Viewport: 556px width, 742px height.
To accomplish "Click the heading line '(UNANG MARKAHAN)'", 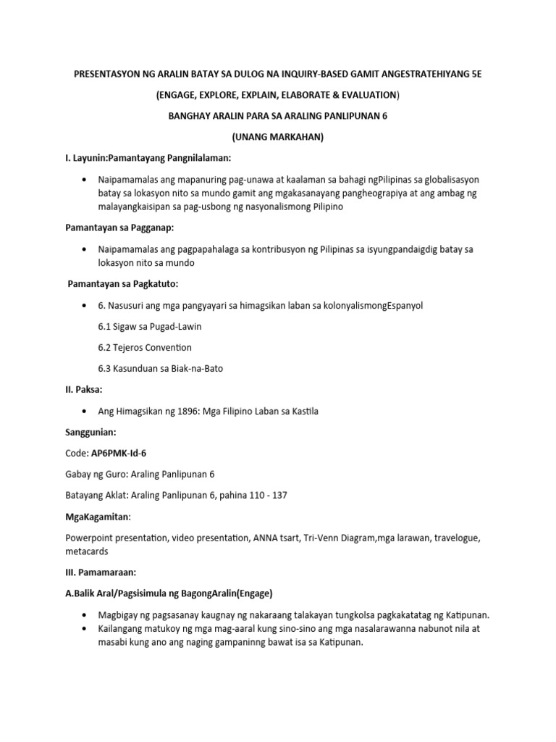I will point(277,137).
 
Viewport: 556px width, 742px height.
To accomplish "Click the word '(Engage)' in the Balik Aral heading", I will point(248,593).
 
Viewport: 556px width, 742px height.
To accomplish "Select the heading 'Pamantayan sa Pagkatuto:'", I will point(119,283).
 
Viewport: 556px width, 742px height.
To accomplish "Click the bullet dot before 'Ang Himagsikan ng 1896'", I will point(86,412).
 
